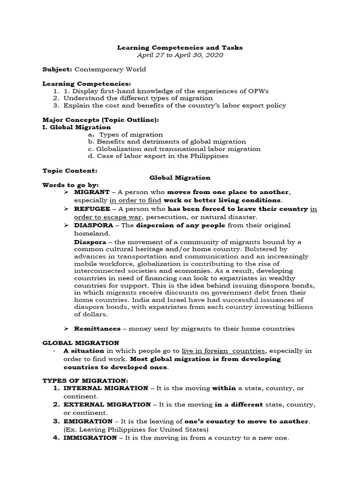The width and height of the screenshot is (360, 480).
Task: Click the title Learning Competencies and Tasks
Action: [x=180, y=47]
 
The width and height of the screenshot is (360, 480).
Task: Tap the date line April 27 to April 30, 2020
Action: [x=180, y=55]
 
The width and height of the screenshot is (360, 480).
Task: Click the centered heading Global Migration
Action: [x=180, y=178]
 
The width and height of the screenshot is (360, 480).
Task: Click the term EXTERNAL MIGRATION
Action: [x=104, y=405]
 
